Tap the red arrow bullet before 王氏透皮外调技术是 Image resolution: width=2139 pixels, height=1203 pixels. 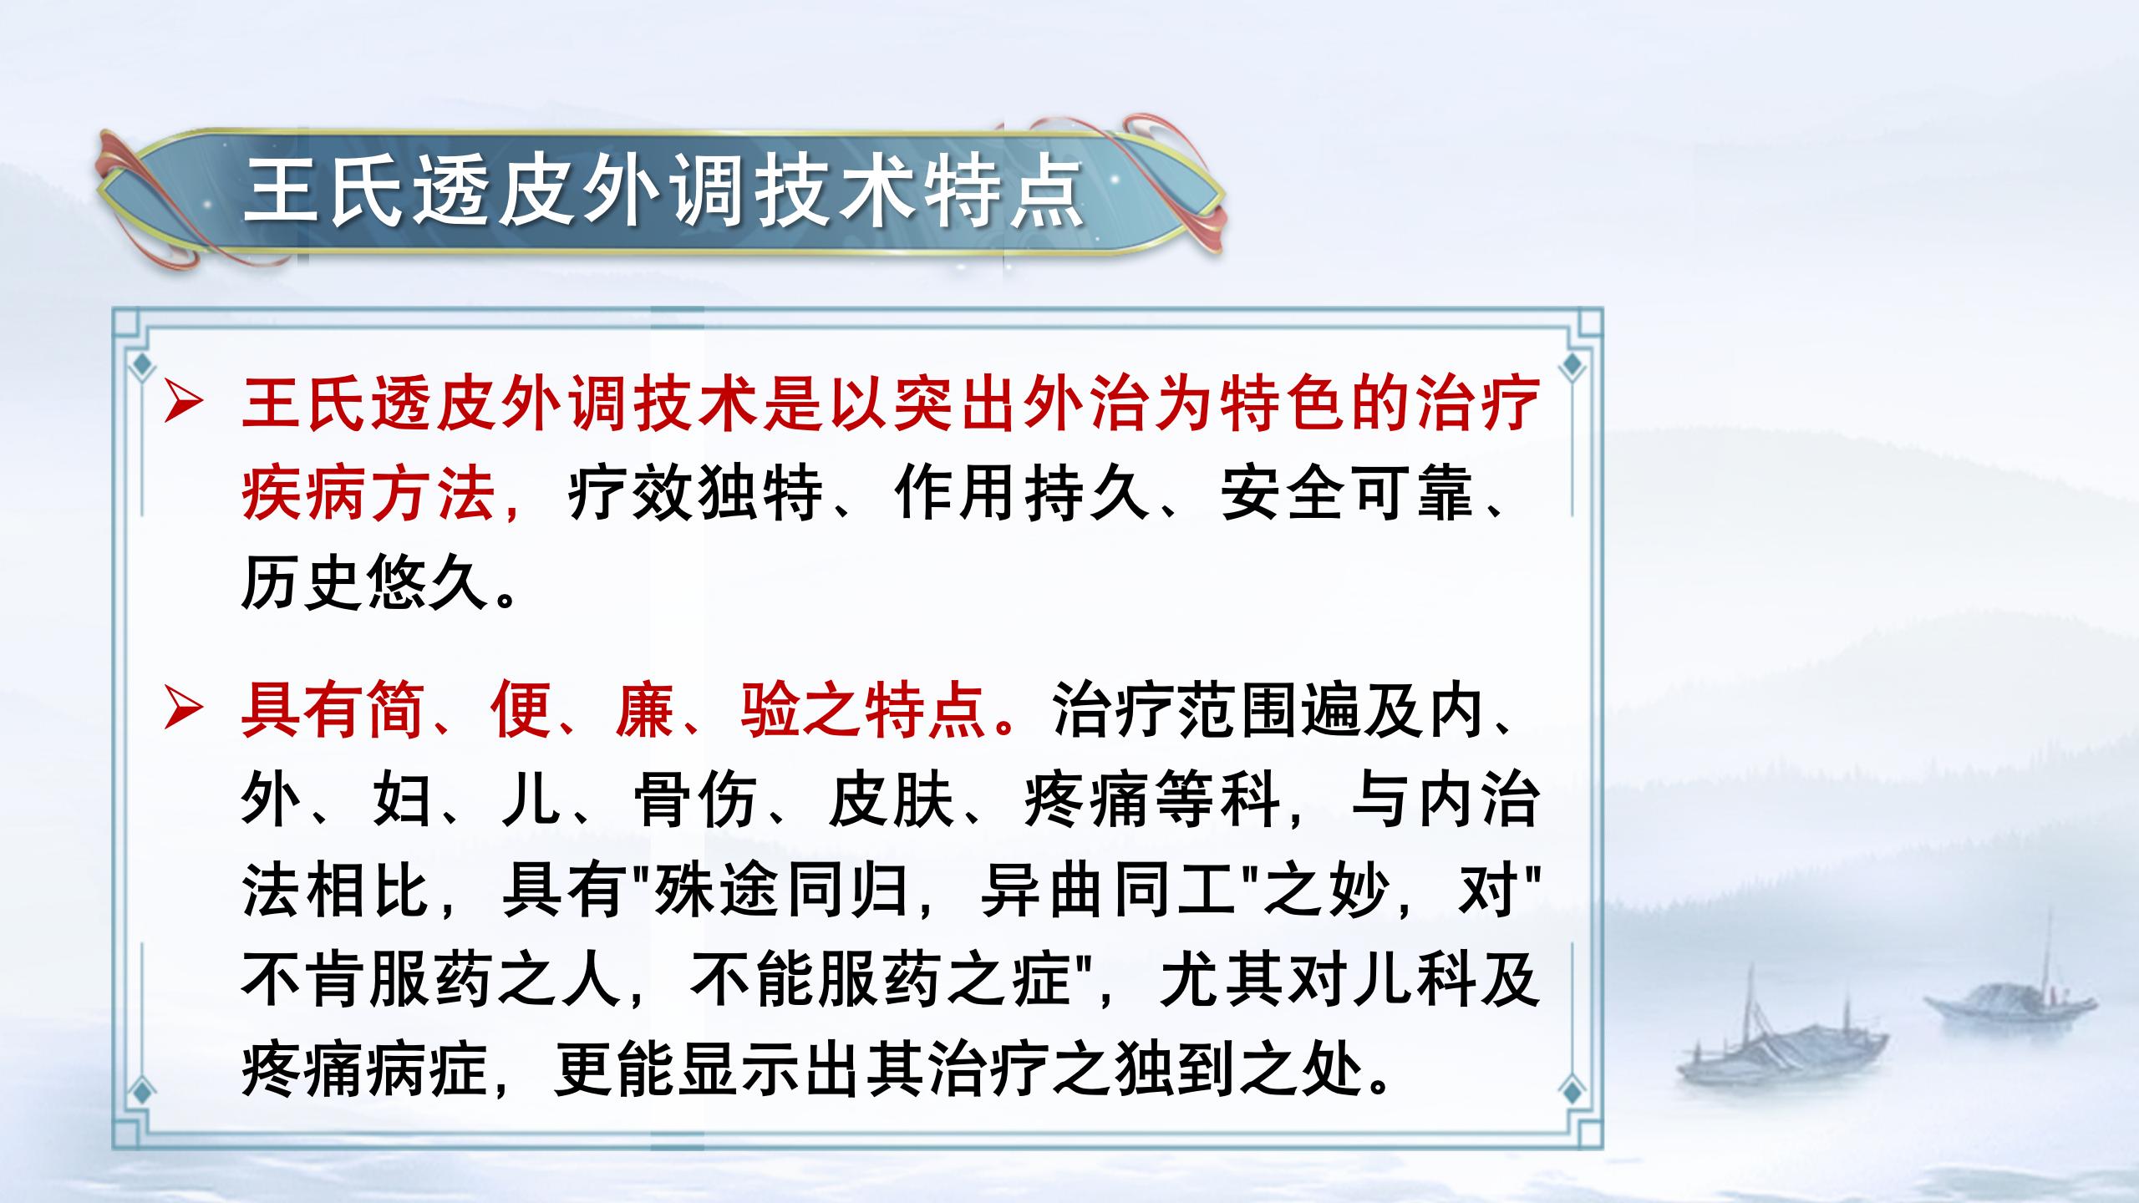(183, 404)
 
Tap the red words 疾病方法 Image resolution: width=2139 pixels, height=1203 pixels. (368, 495)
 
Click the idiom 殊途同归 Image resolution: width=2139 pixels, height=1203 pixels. (780, 891)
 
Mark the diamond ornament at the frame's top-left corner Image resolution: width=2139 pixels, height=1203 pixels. (143, 364)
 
